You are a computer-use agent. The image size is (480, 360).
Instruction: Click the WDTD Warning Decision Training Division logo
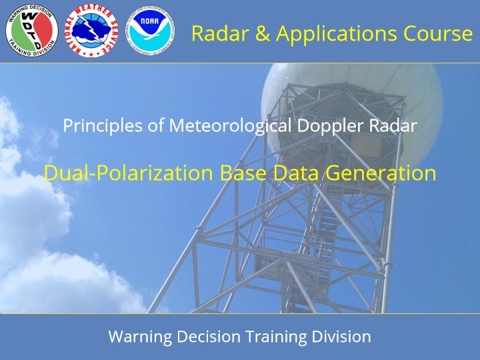coord(32,31)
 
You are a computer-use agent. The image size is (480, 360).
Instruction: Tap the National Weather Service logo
coord(91,31)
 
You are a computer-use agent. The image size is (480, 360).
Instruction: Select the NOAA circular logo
coord(151,31)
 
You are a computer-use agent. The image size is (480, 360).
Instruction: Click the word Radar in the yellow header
coord(220,33)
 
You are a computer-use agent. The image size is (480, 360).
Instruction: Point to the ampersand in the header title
coord(262,33)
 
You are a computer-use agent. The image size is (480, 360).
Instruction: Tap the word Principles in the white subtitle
coord(103,126)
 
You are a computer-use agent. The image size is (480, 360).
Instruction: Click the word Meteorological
coord(230,126)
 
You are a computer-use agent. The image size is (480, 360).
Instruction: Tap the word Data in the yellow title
coord(296,173)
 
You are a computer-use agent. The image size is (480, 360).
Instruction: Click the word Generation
coord(381,173)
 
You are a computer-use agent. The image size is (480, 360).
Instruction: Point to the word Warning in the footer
coord(140,337)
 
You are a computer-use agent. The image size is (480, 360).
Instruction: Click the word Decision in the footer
coord(209,337)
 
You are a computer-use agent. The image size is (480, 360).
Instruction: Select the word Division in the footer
coord(341,337)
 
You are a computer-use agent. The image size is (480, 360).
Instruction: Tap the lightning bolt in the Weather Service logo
coord(92,29)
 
